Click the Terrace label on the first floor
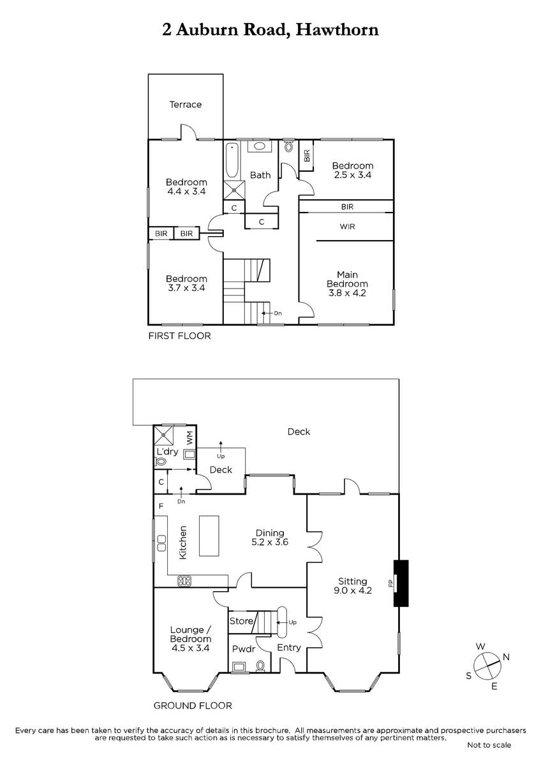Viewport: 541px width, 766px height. (x=185, y=104)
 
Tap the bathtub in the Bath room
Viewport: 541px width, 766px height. (x=232, y=160)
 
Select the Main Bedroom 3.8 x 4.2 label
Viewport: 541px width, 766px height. (x=347, y=283)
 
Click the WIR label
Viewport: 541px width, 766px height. (x=347, y=227)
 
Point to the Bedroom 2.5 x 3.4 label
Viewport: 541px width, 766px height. (x=353, y=170)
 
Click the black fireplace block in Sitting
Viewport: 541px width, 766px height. (x=401, y=583)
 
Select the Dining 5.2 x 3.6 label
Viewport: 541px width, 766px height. (x=270, y=537)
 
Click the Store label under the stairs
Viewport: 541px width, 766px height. (x=241, y=620)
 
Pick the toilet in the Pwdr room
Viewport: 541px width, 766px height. (x=260, y=665)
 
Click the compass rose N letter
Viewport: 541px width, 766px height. (x=506, y=657)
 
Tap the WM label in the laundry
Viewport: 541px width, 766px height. (x=189, y=438)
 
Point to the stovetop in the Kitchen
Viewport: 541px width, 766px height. (x=184, y=581)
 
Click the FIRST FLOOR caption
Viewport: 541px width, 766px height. (x=179, y=336)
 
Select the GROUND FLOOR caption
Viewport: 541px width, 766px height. (x=193, y=705)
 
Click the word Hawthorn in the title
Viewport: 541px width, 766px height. (x=337, y=30)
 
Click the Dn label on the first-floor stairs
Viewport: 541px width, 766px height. (x=278, y=313)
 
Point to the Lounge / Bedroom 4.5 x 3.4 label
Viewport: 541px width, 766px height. (x=190, y=639)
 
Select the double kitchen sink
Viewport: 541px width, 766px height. (x=161, y=543)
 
